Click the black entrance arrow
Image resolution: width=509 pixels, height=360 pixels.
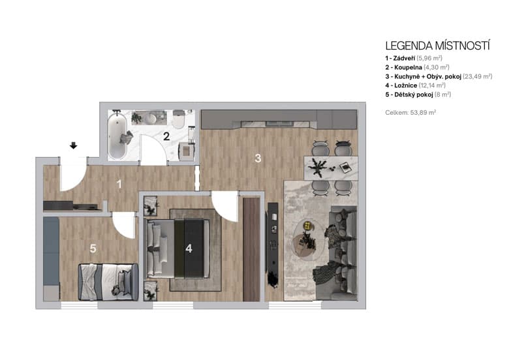coord(73,145)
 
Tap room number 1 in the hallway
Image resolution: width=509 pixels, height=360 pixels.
coord(119,184)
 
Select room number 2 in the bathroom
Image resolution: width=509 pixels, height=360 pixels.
coord(166,136)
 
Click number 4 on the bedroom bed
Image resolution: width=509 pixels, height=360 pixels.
coord(189,248)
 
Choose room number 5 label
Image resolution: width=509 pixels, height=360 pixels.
coord(93,248)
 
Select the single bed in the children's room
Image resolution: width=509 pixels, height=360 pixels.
coord(108,281)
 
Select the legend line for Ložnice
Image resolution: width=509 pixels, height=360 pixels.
coord(415,85)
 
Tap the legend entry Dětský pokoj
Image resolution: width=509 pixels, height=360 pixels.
coord(418,95)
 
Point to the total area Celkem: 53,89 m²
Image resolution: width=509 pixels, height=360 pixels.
coord(410,113)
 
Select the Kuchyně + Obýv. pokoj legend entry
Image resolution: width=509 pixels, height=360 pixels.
coord(433,76)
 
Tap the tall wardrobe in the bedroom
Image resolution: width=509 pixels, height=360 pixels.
coord(251,248)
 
